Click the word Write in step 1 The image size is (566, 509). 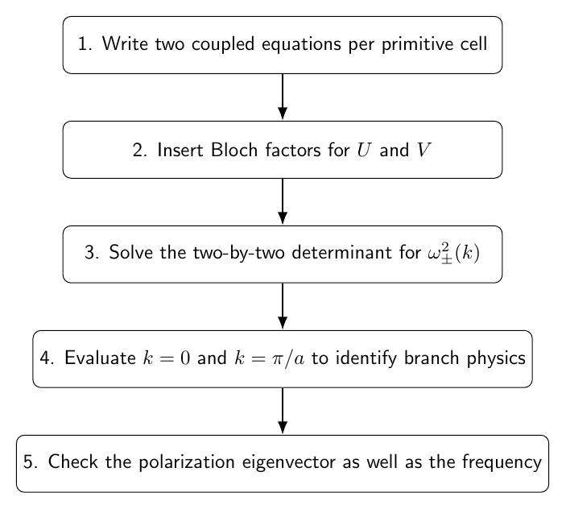tap(126, 43)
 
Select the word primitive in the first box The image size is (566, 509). tap(417, 44)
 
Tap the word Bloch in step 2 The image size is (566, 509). tap(234, 150)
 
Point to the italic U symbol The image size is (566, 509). tap(364, 150)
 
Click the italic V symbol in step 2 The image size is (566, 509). tap(423, 150)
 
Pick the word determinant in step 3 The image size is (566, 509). tap(341, 252)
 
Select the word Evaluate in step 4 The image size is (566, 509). tap(100, 358)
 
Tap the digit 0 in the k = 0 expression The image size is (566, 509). tap(185, 358)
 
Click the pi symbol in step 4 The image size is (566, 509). tap(278, 359)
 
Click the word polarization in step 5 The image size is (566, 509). tap(187, 462)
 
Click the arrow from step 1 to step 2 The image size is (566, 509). tap(283, 97)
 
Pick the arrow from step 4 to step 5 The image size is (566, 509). tap(283, 411)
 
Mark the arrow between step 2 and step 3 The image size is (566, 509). tap(283, 201)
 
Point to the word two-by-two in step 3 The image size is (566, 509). tap(238, 252)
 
